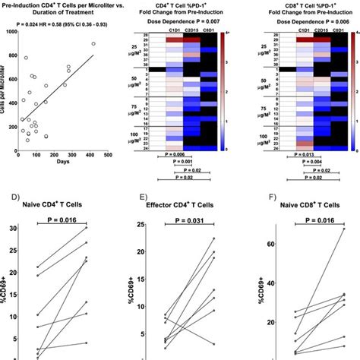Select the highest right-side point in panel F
[x=343, y=229]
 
